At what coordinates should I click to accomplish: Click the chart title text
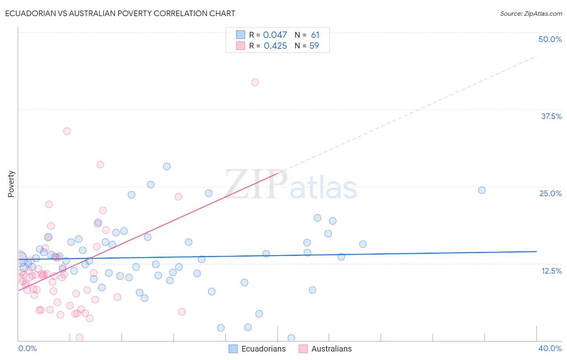click(120, 13)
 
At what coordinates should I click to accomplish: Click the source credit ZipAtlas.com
click(531, 13)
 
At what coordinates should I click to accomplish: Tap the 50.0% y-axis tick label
click(550, 39)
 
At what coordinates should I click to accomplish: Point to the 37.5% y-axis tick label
click(551, 116)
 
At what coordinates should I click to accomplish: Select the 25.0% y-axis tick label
click(550, 193)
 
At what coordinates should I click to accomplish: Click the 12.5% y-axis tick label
click(551, 271)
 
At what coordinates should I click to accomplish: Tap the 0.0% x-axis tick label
click(27, 348)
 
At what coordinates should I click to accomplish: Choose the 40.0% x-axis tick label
click(550, 348)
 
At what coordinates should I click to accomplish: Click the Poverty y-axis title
click(11, 184)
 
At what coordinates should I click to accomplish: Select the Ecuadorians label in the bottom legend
click(263, 349)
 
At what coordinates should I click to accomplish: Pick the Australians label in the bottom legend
click(331, 349)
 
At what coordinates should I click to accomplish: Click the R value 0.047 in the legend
click(275, 35)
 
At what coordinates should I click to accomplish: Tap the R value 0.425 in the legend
click(275, 46)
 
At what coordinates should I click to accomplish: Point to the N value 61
click(315, 35)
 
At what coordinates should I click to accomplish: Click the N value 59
click(314, 46)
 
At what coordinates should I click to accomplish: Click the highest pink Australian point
click(255, 82)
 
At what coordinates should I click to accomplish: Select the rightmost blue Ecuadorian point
click(482, 190)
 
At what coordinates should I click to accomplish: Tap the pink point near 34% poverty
click(67, 131)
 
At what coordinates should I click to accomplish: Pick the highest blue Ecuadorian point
click(167, 166)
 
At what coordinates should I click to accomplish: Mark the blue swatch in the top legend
click(241, 35)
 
